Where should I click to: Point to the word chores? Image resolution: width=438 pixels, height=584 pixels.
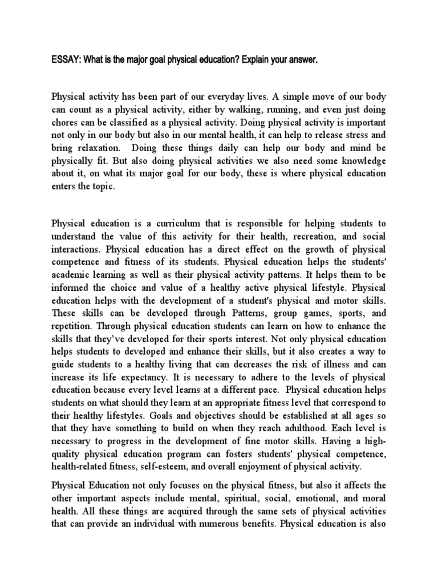click(x=65, y=122)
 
